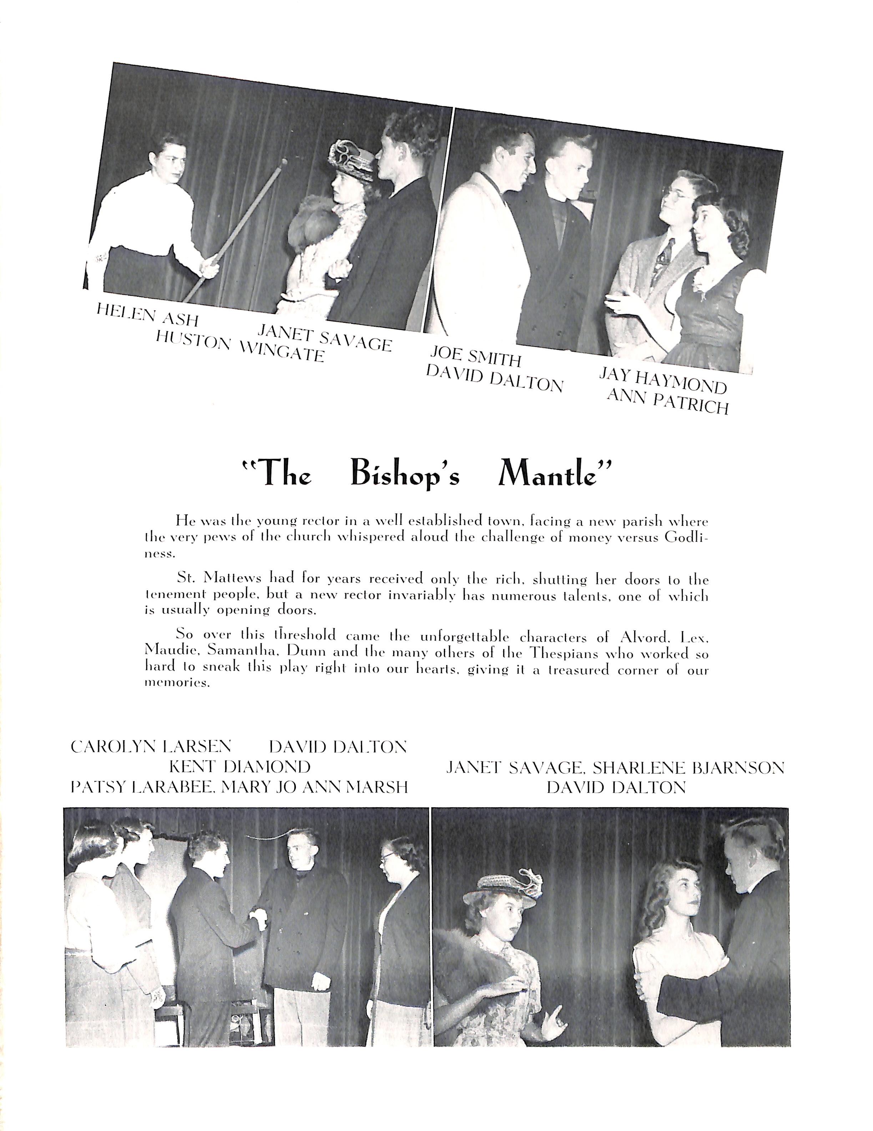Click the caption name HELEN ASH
click(147, 314)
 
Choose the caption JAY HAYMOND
click(663, 380)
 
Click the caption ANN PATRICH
click(667, 402)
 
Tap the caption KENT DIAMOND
click(240, 766)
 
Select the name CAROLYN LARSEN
click(151, 746)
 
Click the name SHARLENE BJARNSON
click(689, 767)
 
